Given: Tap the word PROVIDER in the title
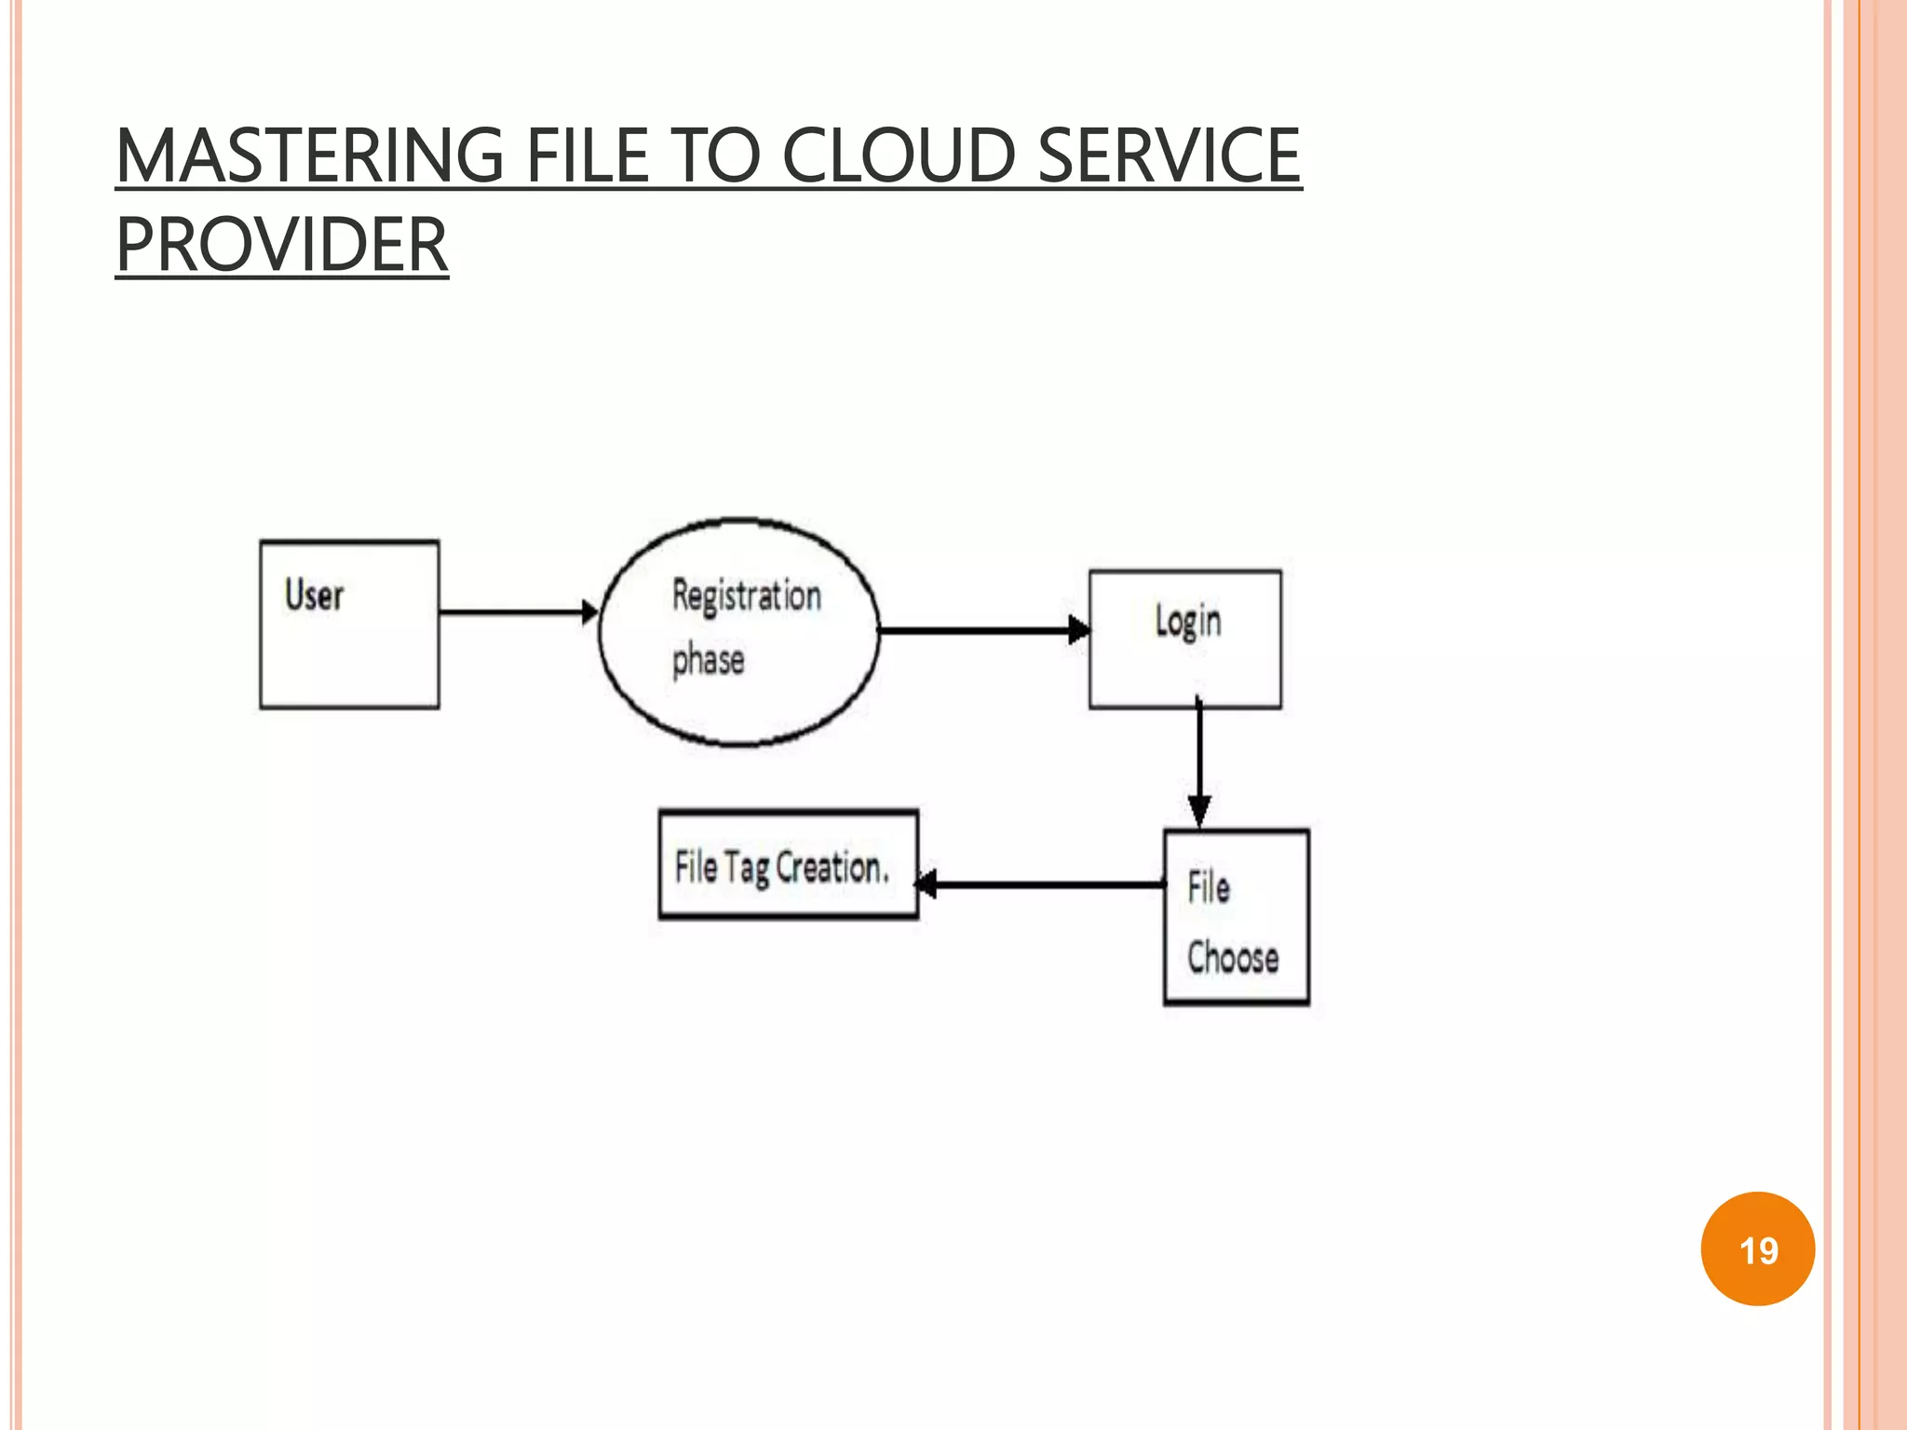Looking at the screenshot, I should (x=281, y=245).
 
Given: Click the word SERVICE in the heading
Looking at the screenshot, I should (x=1168, y=155).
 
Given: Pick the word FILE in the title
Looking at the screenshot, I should (x=587, y=155).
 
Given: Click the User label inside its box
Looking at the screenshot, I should (x=315, y=595).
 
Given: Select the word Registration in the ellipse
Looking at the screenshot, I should (x=747, y=596).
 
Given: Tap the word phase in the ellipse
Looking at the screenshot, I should (x=709, y=660).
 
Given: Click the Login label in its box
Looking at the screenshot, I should (x=1187, y=622).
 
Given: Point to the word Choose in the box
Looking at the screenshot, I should (x=1233, y=958).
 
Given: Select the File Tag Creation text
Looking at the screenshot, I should (x=781, y=868).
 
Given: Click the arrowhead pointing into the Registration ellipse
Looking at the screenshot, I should (x=589, y=613).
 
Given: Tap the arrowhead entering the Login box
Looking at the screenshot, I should (x=1078, y=630).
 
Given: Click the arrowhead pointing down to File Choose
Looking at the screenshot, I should (x=1199, y=811).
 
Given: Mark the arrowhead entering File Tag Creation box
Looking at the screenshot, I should (x=927, y=884).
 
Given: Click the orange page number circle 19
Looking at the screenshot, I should (x=1757, y=1248).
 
